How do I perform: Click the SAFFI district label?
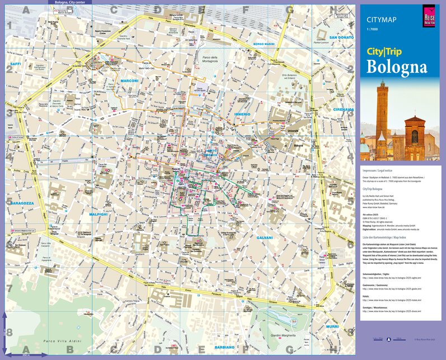15,64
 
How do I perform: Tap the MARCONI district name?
129,81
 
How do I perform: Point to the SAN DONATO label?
341,37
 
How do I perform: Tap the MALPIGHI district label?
98,214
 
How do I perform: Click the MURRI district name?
332,326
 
